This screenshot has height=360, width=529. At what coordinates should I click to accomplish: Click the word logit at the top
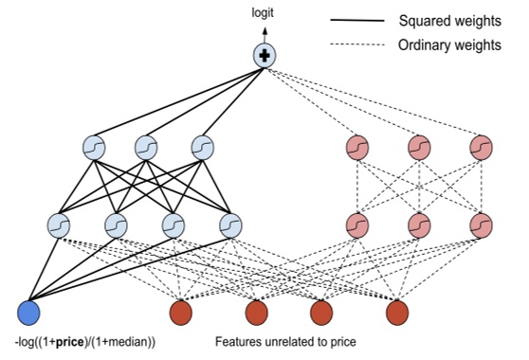pos(264,14)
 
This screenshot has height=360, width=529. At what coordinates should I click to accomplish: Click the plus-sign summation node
pos(264,56)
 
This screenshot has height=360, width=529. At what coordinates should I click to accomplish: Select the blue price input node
pos(29,312)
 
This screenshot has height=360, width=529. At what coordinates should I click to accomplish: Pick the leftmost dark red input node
pos(180,312)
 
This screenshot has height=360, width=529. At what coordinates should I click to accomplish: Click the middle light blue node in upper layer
pos(145,148)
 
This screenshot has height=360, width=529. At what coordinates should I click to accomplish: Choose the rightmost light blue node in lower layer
pos(230,225)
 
